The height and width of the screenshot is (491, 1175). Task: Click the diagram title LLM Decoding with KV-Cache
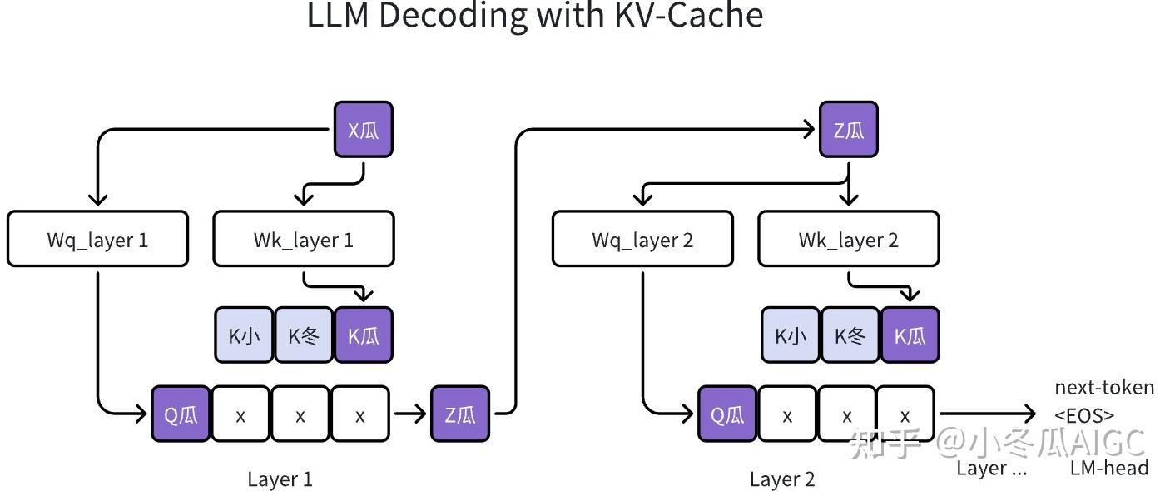[x=535, y=17]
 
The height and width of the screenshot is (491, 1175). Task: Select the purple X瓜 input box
[x=363, y=130]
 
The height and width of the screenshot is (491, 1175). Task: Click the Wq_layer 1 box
[x=97, y=240]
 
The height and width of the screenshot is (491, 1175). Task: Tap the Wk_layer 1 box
[x=304, y=240]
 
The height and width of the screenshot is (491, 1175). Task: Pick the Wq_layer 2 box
[x=642, y=240]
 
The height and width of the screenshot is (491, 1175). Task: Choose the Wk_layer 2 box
[x=848, y=240]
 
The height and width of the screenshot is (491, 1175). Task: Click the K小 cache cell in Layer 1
[x=244, y=335]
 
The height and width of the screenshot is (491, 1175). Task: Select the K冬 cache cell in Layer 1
[x=303, y=335]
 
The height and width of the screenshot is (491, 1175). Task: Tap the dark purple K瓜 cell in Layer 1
[x=363, y=335]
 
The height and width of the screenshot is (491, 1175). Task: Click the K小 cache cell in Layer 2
[x=791, y=335]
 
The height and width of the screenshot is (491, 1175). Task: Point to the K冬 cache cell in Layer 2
[x=850, y=335]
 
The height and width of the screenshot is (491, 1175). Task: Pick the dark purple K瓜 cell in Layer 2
[x=910, y=335]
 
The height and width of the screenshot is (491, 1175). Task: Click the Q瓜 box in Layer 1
[x=180, y=414]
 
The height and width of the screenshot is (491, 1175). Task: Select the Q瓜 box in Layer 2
[x=726, y=414]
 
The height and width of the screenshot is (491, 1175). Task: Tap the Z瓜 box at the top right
[x=848, y=130]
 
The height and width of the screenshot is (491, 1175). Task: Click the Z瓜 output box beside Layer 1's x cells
[x=459, y=414]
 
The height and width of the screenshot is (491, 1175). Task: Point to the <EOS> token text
[x=1083, y=414]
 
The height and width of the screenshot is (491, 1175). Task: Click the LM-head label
[x=1108, y=468]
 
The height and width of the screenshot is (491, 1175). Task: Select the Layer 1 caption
[x=280, y=479]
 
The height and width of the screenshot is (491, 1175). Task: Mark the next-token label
[x=1104, y=388]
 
